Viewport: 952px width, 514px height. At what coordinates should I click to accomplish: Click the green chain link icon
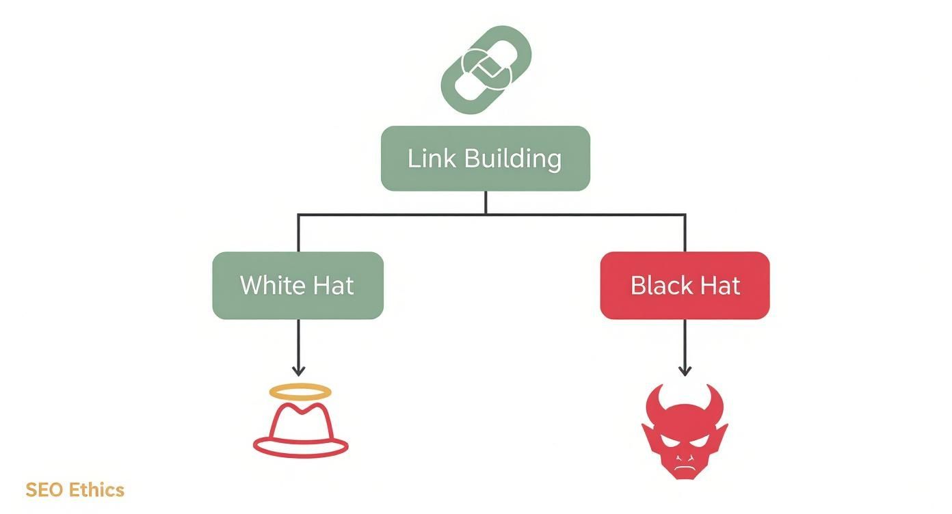coord(486,69)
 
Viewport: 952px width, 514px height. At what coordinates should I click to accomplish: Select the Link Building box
coord(485,158)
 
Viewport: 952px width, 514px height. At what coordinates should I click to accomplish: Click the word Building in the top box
coord(512,159)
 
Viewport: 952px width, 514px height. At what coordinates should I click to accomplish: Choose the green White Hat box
coord(297,285)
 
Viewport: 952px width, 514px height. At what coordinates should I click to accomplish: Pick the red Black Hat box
coord(685,285)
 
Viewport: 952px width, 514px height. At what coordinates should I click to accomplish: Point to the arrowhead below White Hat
coord(298,371)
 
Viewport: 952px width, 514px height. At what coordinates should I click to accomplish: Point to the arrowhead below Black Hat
coord(685,371)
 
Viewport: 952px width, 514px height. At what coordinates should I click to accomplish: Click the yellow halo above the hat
coord(300,392)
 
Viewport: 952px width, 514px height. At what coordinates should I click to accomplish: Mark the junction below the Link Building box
coord(486,214)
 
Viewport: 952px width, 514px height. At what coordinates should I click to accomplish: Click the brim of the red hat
coord(301,447)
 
